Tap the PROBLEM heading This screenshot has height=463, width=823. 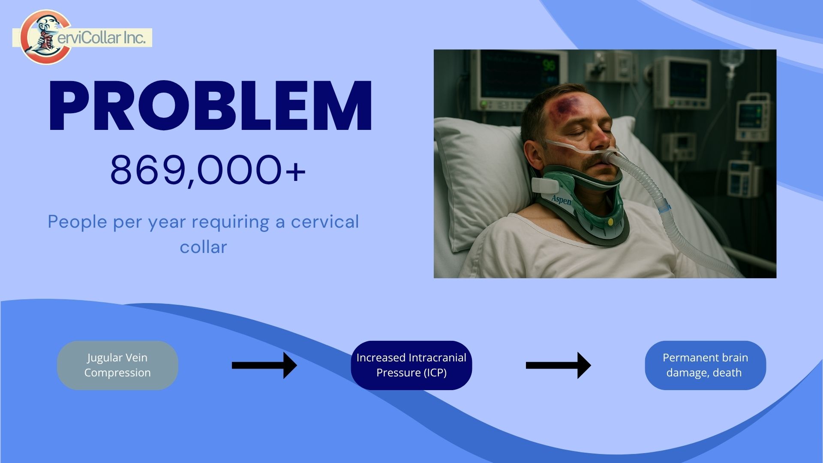click(210, 106)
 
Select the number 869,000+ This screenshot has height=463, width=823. click(208, 170)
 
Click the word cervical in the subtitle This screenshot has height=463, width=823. click(325, 222)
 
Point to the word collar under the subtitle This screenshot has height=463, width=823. click(203, 247)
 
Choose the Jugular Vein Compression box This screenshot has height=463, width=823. click(117, 365)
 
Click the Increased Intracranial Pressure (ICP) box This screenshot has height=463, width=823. click(411, 365)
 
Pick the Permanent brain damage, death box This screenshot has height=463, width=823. click(705, 365)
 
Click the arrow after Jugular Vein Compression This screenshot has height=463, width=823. click(264, 365)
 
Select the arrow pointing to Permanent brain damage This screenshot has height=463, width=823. click(558, 365)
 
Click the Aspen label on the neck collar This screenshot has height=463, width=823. click(561, 199)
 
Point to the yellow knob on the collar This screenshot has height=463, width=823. click(610, 222)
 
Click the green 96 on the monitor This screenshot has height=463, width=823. click(549, 66)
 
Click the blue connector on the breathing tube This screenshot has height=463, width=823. click(664, 207)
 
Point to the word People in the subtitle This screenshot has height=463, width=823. click(78, 222)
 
